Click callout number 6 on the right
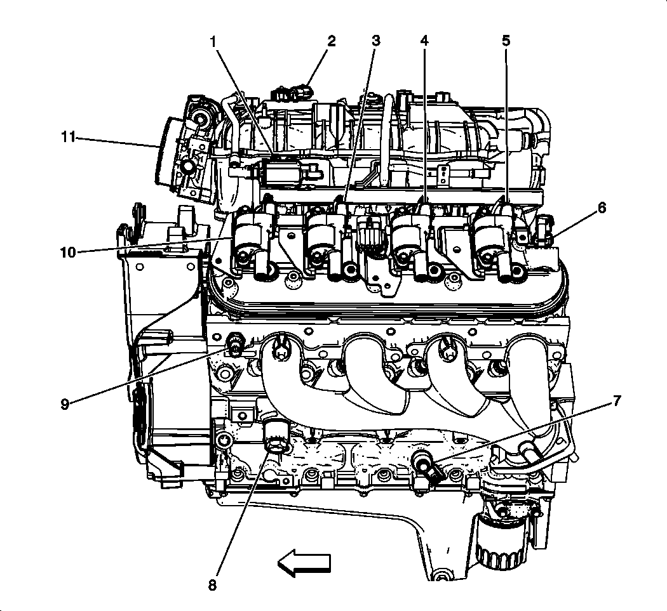tap(601, 207)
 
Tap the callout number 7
tap(616, 401)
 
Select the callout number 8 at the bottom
tap(212, 584)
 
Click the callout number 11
tap(68, 136)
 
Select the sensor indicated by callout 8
tap(276, 438)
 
